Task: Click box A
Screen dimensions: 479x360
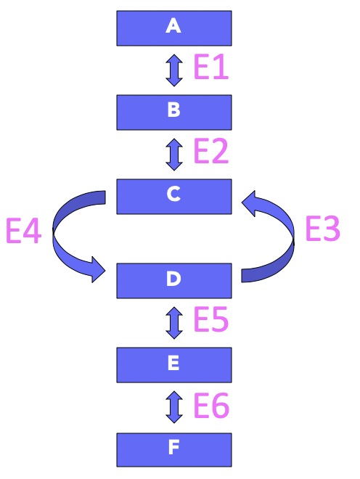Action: point(174,28)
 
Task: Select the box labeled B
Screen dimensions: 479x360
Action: point(174,112)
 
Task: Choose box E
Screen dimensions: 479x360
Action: point(174,364)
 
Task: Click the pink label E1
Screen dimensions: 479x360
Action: point(211,69)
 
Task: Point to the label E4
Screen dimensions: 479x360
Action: point(23,232)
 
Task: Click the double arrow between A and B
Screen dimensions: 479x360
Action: point(173,70)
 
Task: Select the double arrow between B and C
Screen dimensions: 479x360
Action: point(173,154)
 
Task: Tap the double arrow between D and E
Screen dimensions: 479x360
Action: point(173,322)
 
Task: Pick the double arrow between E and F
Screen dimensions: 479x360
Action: point(173,406)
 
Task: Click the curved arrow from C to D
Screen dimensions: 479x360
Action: point(60,236)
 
